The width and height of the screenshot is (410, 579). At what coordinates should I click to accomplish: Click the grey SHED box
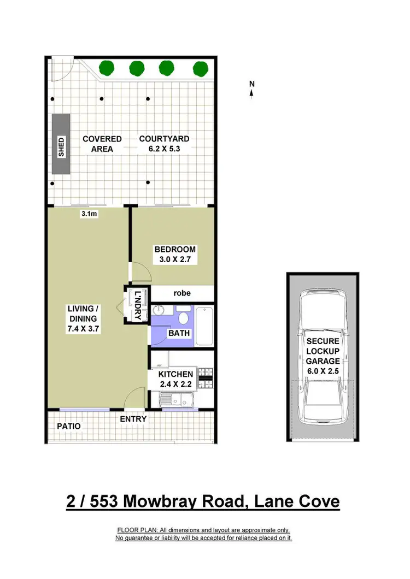click(x=61, y=144)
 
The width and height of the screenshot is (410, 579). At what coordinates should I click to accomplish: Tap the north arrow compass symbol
click(x=252, y=90)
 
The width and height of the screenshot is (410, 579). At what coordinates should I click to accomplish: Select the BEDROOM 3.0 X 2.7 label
click(x=175, y=255)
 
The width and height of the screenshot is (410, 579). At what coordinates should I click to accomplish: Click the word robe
click(x=182, y=293)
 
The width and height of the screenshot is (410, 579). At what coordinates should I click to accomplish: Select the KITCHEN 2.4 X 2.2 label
click(x=175, y=379)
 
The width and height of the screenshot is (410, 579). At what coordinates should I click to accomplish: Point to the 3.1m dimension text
click(x=89, y=214)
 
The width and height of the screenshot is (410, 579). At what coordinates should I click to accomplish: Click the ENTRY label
click(x=133, y=419)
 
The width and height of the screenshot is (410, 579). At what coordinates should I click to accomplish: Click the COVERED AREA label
click(x=102, y=144)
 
